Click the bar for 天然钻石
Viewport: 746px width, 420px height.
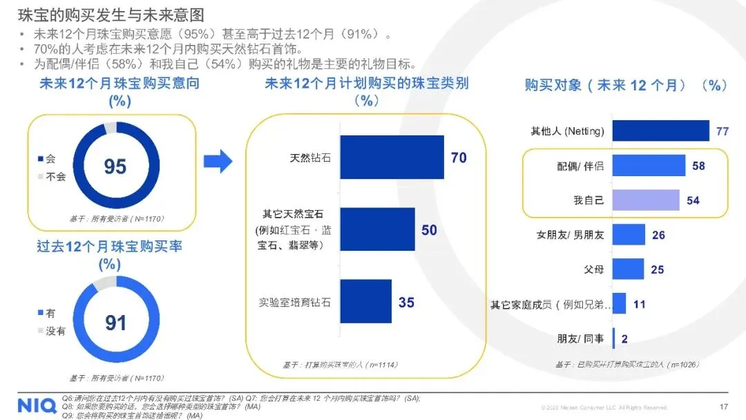(392, 157)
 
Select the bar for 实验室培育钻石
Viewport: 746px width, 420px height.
(365, 302)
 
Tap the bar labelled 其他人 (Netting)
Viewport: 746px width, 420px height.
(660, 131)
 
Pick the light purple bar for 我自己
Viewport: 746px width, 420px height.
(645, 200)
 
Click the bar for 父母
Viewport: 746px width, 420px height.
(628, 269)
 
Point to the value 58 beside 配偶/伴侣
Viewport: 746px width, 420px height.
(698, 166)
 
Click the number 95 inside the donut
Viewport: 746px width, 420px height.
(115, 166)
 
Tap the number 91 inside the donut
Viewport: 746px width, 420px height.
(115, 323)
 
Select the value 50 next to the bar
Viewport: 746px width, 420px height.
(430, 229)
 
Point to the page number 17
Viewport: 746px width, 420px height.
(724, 407)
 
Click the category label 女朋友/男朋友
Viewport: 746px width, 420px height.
(570, 235)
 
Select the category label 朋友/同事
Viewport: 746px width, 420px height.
(580, 338)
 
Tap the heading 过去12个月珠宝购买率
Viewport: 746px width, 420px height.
(109, 247)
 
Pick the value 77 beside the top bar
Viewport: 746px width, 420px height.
(723, 131)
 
